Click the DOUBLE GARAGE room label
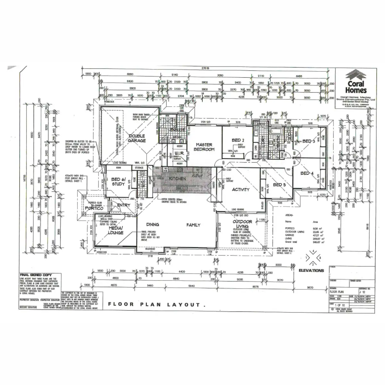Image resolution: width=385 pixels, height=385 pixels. pos(137,138)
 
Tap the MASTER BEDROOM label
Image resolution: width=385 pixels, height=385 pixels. pos(205,147)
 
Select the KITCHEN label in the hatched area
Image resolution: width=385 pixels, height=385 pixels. pos(177,178)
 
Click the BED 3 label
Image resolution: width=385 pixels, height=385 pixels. pos(307,141)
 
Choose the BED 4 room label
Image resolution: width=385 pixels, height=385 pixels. pos(307,173)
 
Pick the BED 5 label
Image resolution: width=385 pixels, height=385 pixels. pos(279,184)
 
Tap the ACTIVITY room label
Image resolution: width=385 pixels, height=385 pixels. pos(241,189)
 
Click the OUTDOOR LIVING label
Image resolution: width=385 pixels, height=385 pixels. pos(242,224)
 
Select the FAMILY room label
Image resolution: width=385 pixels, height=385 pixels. pos(193,225)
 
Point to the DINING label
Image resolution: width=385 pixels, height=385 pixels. pos(153,225)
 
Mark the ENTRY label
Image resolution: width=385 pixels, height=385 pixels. pos(124,205)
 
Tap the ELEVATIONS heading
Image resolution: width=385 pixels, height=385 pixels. pos(311,270)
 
